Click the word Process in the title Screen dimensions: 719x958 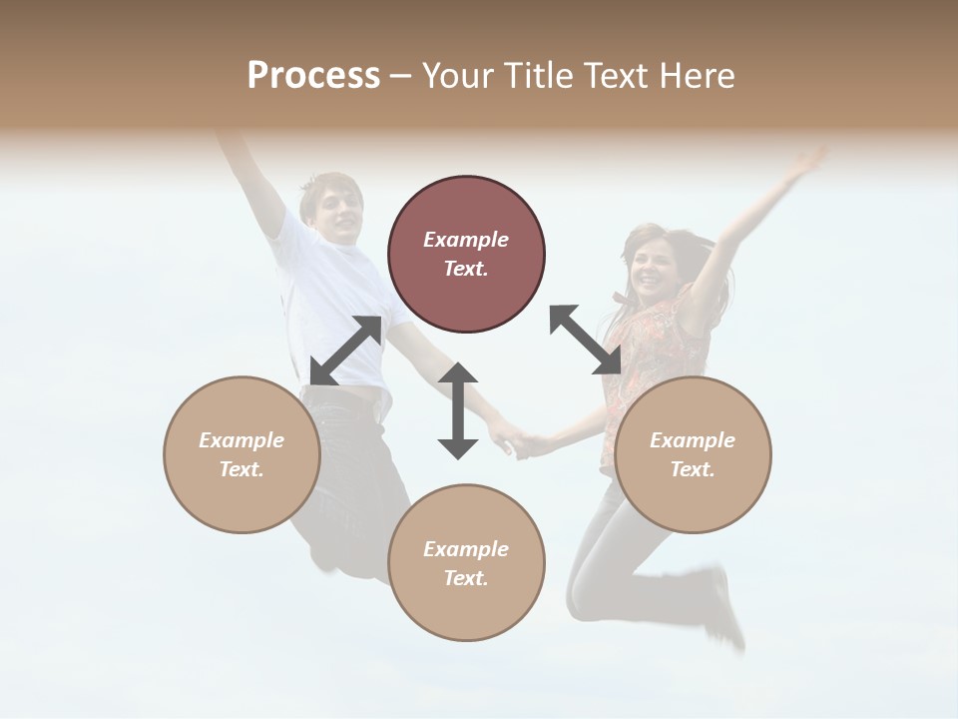point(313,75)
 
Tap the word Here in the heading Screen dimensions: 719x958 point(699,75)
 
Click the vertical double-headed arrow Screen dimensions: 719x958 point(458,410)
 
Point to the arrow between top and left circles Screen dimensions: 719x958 point(345,351)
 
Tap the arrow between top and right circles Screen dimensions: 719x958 point(585,340)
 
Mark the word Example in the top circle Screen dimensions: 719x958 point(466,240)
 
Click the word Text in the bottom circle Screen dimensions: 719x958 point(464,578)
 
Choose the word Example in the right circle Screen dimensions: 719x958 point(693,440)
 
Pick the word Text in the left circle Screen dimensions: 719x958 point(240,469)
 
